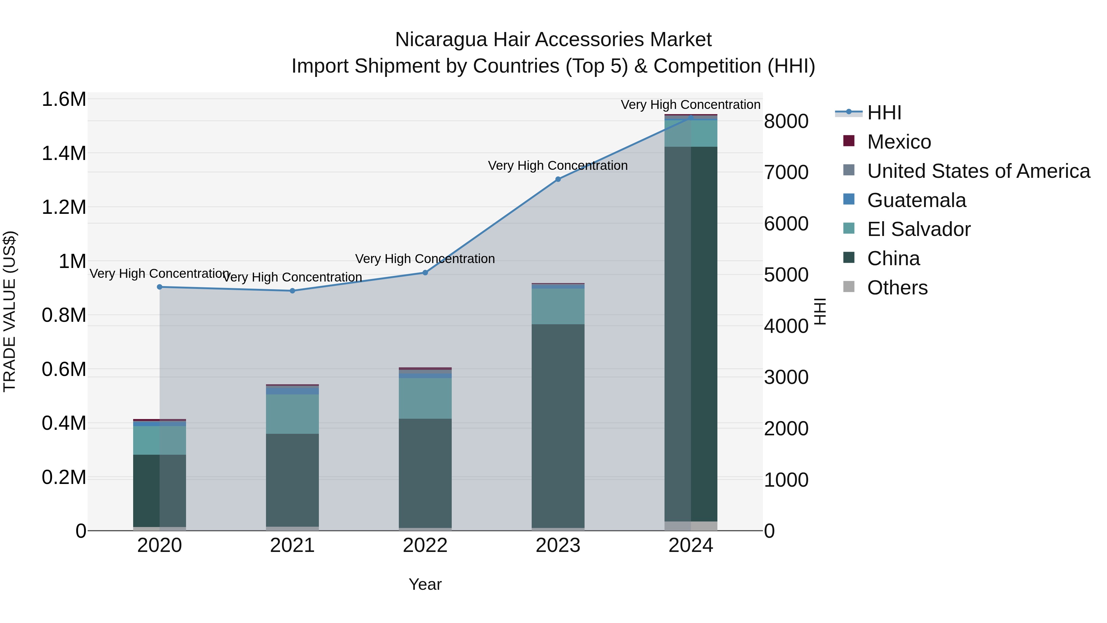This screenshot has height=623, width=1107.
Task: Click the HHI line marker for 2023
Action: tap(558, 179)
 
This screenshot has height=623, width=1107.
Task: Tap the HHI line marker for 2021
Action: tap(292, 291)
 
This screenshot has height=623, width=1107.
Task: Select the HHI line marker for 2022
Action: tap(425, 273)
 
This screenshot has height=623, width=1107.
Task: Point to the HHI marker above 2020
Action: tap(159, 287)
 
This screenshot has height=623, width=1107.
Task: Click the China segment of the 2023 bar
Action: tap(558, 426)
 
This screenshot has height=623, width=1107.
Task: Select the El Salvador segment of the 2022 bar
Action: tap(425, 398)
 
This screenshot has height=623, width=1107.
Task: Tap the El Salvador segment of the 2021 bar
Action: tap(292, 413)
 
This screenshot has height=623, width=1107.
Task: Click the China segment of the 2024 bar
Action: tap(691, 333)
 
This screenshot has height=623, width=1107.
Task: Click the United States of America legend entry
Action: tap(978, 171)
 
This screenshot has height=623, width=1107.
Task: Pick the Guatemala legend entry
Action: tap(916, 200)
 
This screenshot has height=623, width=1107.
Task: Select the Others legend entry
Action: tap(897, 288)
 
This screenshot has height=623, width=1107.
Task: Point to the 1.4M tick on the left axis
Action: tap(64, 154)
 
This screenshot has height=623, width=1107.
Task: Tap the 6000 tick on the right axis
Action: tap(786, 224)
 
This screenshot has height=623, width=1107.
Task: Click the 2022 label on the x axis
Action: tap(425, 545)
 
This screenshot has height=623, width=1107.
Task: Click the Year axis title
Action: tap(425, 584)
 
